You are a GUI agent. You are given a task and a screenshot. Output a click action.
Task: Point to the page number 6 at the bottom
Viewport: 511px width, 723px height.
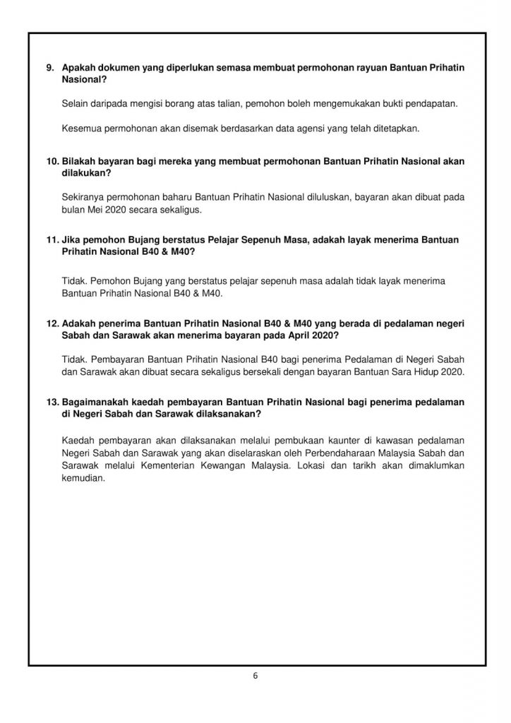[x=255, y=676]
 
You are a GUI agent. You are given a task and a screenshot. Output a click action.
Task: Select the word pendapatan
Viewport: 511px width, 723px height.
[x=433, y=104]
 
